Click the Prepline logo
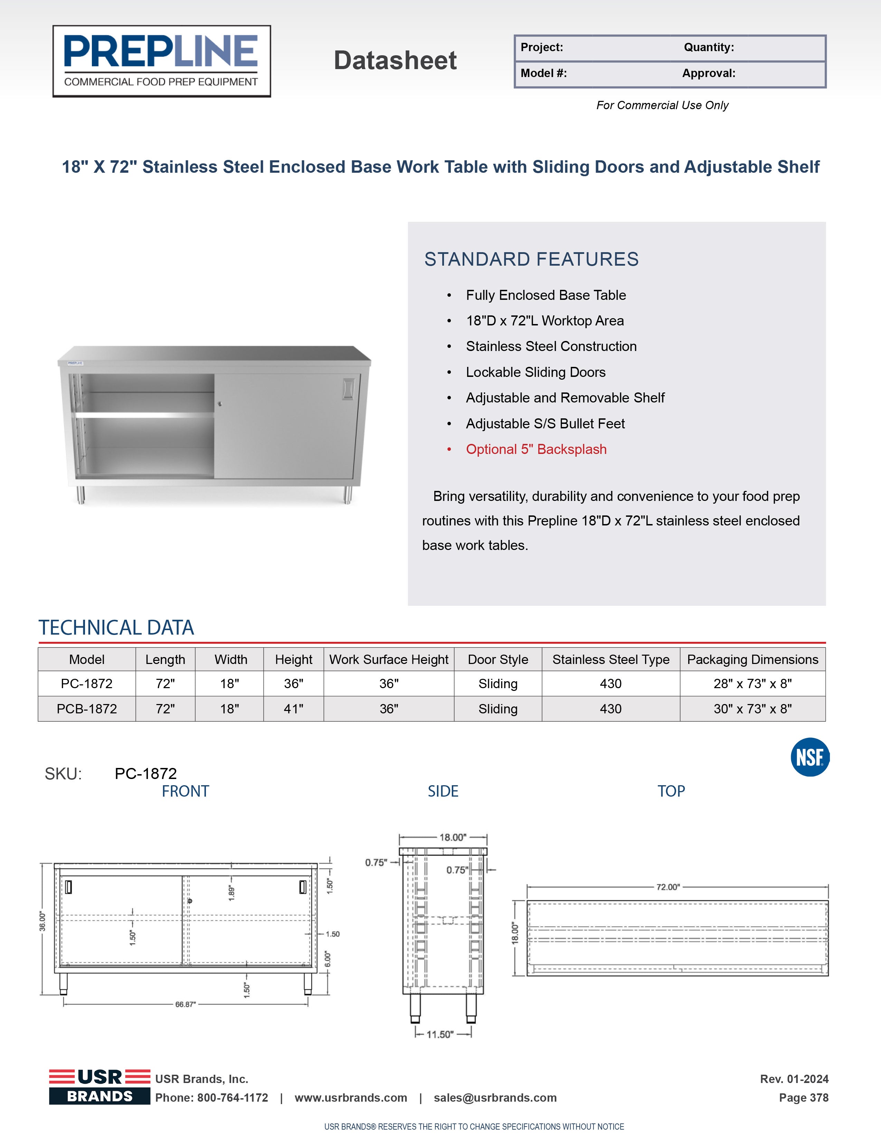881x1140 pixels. [x=161, y=61]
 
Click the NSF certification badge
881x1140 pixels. [x=809, y=757]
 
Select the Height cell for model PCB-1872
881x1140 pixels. [x=293, y=709]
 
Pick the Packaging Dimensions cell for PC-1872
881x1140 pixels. [x=752, y=683]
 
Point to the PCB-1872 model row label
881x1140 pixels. [x=87, y=709]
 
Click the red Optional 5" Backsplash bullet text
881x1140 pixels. [x=536, y=449]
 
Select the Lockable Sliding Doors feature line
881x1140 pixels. [x=536, y=372]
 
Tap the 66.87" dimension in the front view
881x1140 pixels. [x=185, y=1004]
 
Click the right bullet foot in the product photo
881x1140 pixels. [x=347, y=495]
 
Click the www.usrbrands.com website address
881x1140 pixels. [x=351, y=1098]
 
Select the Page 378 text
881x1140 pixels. [x=803, y=1098]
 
